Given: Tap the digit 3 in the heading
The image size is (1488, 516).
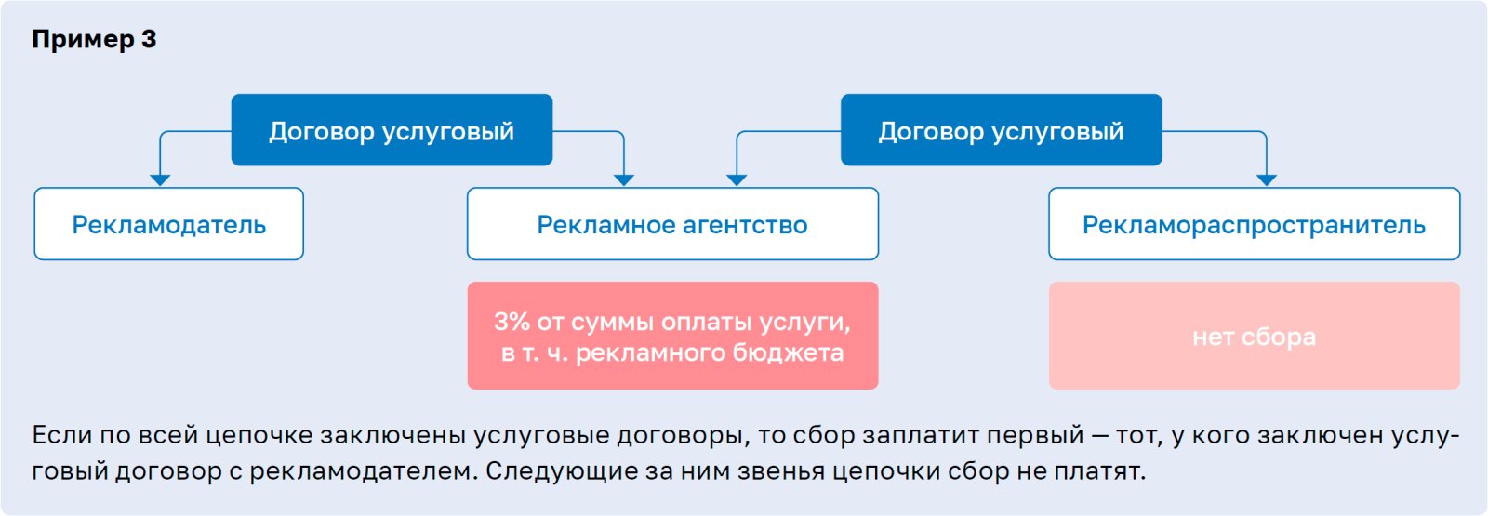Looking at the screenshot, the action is pos(149,38).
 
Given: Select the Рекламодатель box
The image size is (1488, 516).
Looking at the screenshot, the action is pos(168,224).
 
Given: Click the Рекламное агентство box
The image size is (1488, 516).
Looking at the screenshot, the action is pos(672,224).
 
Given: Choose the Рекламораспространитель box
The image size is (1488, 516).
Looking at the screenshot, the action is pos(1255,224).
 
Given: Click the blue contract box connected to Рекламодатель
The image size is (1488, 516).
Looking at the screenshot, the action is pos(392,130).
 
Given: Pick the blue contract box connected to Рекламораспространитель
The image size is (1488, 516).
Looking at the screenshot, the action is pos(1001,130).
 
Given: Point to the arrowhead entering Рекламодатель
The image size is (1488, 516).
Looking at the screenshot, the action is pos(160,180).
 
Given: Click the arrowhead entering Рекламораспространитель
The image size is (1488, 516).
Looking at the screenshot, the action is pos(1267,180).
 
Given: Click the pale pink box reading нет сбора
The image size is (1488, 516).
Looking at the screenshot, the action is pos(1255,336).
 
